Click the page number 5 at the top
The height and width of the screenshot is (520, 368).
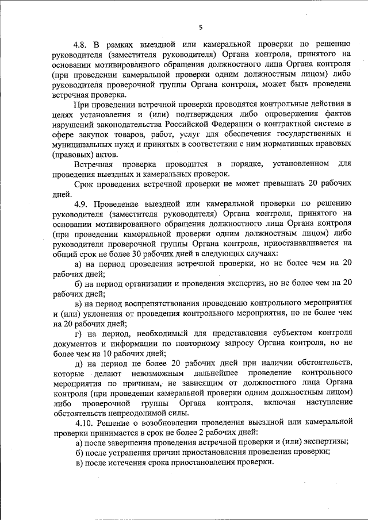(201, 27)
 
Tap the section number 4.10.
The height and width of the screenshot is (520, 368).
(84, 423)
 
